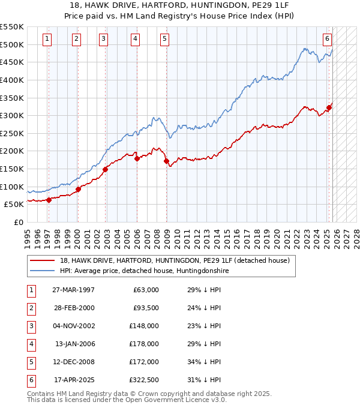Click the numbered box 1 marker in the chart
47,39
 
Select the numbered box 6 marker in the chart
327,39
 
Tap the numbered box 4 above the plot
135,39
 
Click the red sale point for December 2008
166,161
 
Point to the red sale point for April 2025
329,108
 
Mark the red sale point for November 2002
105,169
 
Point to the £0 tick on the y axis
18,222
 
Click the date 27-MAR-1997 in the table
73,290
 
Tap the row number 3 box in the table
31,326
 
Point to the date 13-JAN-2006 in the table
75,344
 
